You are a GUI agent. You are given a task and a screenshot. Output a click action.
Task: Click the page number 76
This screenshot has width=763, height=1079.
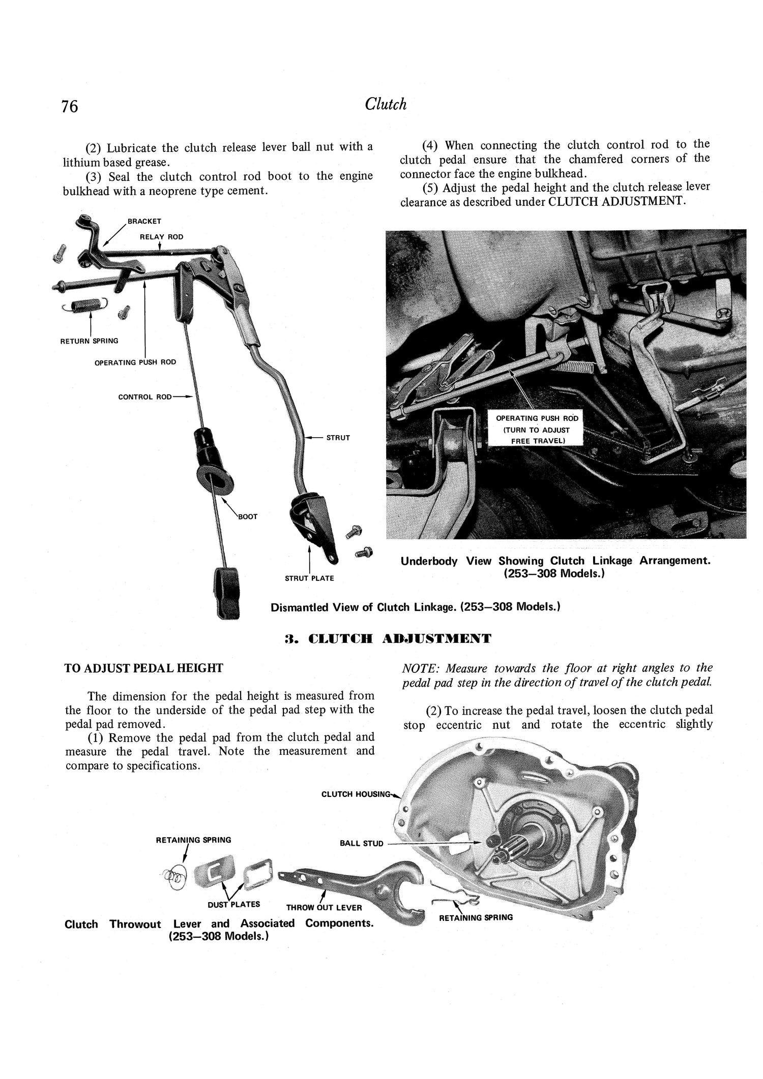pos(70,106)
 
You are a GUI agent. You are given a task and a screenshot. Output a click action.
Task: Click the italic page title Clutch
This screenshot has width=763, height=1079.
pos(386,104)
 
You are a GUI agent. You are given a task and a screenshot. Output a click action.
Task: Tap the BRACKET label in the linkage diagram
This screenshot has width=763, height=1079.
pos(144,221)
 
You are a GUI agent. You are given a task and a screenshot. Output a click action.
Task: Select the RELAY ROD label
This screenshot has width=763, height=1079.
pos(161,237)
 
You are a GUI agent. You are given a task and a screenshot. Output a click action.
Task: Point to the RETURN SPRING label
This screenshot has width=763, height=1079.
pos(89,341)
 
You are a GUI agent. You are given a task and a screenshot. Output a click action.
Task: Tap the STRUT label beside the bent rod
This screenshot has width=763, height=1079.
pos(338,438)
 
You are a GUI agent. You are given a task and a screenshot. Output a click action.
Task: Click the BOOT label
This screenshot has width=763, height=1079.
pos(248,516)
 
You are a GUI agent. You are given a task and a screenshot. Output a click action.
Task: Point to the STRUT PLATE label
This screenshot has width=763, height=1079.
pos(309,578)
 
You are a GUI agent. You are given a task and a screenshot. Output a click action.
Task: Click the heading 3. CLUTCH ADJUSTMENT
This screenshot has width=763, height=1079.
pos(388,638)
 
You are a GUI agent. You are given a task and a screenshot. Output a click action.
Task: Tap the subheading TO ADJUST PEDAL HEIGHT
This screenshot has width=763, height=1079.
pos(143,668)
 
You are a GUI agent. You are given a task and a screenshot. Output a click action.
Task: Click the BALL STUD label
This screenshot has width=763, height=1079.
pos(361,843)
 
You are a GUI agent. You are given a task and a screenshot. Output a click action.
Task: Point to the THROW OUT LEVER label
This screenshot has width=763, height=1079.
pos(324,907)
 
